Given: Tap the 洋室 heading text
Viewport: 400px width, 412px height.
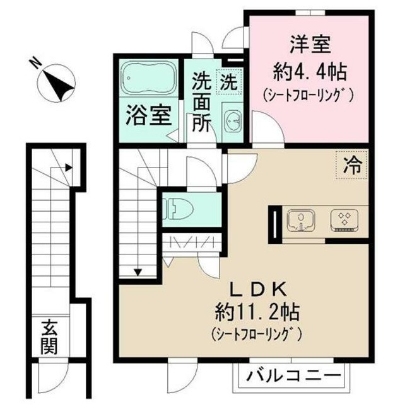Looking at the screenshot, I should pyautogui.click(x=307, y=46).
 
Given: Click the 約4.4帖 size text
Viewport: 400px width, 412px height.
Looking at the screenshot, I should pyautogui.click(x=307, y=70).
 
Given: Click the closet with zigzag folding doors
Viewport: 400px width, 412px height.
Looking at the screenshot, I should pyautogui.click(x=190, y=243).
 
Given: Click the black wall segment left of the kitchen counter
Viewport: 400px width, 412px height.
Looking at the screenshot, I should pyautogui.click(x=276, y=224).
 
